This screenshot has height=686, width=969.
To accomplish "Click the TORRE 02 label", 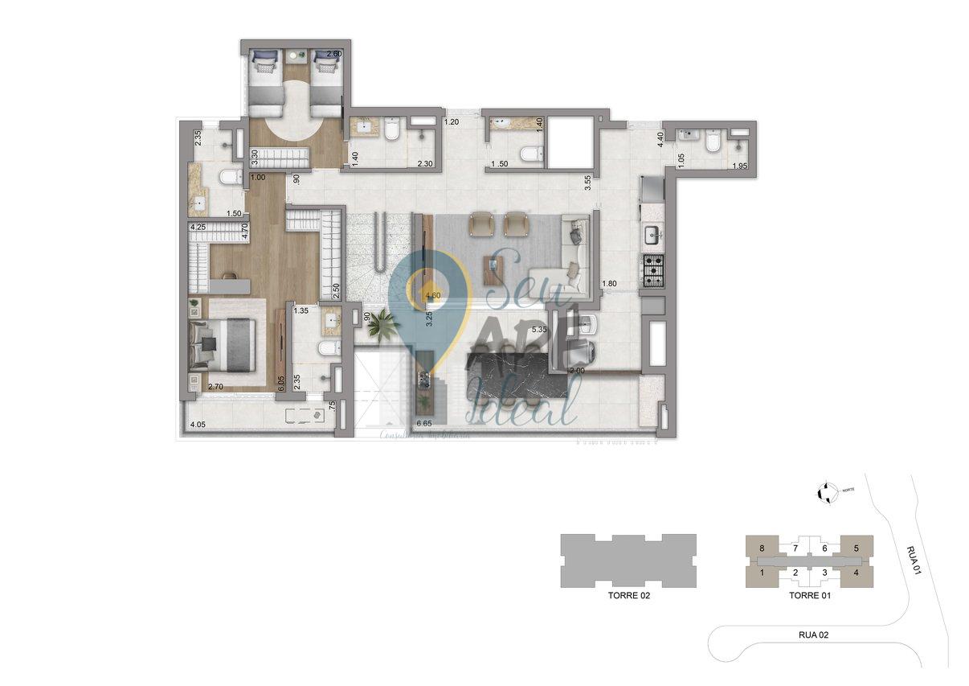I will (628, 597).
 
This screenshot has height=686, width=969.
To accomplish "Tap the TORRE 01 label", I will (809, 596).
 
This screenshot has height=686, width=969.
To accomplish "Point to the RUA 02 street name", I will (813, 635).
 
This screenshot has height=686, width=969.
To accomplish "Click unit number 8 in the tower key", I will (761, 548).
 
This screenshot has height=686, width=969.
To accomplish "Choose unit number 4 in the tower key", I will (857, 573).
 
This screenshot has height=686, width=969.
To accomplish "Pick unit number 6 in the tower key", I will (824, 548).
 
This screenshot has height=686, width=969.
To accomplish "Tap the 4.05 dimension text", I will (198, 424).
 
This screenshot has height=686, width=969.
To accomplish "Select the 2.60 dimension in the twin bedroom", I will (334, 55).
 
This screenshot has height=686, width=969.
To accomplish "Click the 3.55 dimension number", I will (589, 183).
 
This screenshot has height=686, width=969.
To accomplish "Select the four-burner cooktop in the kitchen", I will (652, 272).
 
